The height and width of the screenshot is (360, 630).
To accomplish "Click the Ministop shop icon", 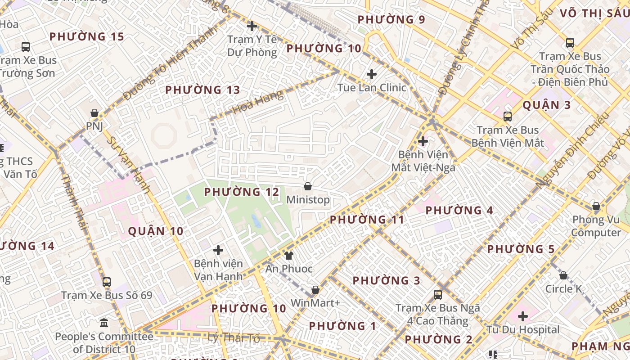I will point(308,186).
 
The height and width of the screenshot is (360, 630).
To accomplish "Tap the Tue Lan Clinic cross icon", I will point(372,74).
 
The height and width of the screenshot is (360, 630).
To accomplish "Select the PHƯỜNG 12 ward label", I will point(242,192).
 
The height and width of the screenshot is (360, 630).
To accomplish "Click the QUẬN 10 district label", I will point(156,231).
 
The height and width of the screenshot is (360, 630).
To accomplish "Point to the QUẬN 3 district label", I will point(546,105).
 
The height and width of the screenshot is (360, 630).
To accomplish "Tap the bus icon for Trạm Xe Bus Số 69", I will point(107,282).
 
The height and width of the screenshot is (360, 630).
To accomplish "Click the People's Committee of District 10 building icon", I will point(104,323).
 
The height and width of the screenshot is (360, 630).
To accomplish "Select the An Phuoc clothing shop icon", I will point(288,256).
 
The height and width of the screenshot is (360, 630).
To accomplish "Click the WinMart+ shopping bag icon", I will point(315,290).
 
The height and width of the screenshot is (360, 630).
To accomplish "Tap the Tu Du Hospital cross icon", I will point(522,316).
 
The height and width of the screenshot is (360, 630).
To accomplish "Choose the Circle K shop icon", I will point(563,275).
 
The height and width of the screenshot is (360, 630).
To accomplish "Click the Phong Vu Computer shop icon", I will point(596,207).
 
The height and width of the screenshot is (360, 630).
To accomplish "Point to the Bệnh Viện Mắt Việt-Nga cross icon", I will point(423,141).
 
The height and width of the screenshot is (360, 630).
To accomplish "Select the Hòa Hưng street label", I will point(258,102).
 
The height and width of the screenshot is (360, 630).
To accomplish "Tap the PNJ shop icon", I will point(94,113).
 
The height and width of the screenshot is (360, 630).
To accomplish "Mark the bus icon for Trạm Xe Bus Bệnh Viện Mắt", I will point(508,117).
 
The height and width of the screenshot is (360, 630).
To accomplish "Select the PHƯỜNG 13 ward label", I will point(202,90).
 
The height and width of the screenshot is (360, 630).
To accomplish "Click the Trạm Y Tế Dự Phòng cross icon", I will point(252,26).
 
